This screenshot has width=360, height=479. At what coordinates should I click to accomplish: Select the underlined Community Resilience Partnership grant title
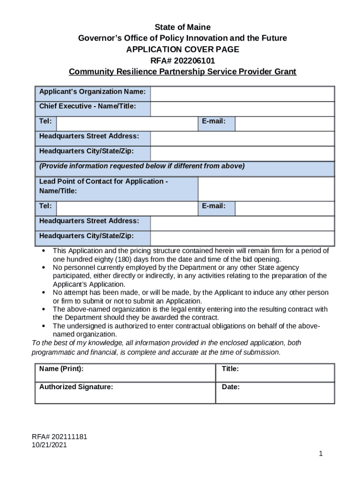pos(182,72)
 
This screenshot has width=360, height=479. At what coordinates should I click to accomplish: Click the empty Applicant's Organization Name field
pos(242,94)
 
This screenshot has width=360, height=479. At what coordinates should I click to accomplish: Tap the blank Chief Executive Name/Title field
pos(242,109)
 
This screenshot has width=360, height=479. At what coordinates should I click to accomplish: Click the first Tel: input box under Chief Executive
pos(127,123)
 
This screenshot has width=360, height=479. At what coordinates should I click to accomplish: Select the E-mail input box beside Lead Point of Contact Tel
pos(284,208)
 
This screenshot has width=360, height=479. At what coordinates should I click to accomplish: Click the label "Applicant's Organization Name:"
pos(93,92)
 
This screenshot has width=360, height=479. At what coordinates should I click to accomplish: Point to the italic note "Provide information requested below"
pos(142,167)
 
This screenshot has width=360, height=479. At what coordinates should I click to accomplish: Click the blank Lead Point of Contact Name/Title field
pos(266,189)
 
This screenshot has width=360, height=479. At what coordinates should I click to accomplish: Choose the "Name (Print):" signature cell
pos(125,372)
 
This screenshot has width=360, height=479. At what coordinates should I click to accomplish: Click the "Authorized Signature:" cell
pos(125,392)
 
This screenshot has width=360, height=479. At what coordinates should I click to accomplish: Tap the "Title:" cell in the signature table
pos(275,372)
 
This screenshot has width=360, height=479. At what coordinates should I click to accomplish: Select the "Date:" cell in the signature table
pos(275,392)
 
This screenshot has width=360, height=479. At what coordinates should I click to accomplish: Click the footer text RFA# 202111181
pos(59,437)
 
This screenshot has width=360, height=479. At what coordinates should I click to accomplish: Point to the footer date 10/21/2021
pos(49,445)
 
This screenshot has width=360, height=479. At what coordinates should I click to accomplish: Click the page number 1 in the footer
pos(321,454)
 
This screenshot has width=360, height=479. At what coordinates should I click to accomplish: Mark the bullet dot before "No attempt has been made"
pos(43,293)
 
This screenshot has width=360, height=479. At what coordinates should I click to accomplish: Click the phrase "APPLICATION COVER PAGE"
pos(182,50)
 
